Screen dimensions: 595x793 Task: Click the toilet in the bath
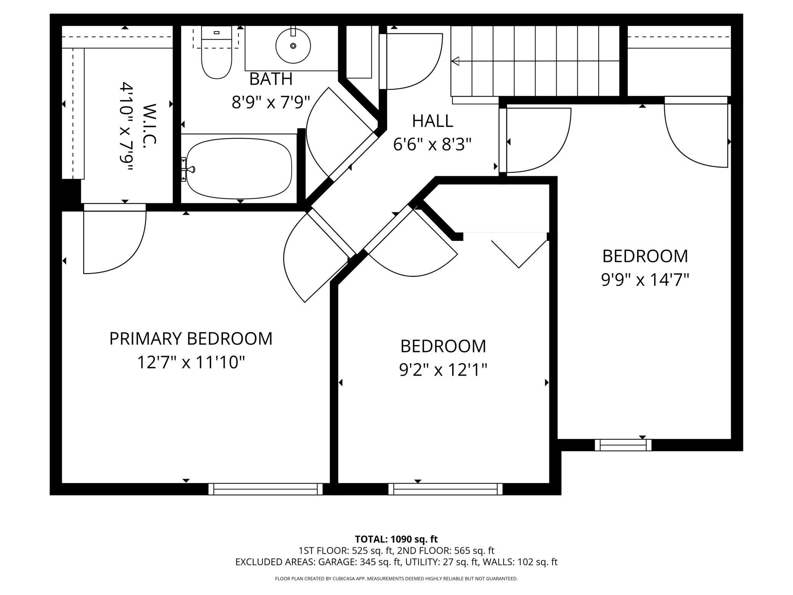[x=216, y=57]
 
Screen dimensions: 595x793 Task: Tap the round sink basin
[x=293, y=46]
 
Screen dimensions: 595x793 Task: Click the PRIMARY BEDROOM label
[x=191, y=338]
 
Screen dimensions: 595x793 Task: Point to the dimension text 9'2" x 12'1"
[x=443, y=370]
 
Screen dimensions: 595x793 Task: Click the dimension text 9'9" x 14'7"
[x=645, y=280]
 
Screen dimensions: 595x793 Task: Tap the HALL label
[x=432, y=121]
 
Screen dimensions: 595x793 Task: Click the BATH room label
[x=271, y=79]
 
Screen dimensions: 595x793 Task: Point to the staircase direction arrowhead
[x=455, y=61]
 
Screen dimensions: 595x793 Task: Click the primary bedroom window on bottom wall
[x=265, y=489]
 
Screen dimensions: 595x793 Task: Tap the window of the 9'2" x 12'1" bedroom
[x=445, y=489]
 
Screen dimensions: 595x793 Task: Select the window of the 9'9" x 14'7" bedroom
[x=623, y=445]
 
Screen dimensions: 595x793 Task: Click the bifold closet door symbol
[x=518, y=253]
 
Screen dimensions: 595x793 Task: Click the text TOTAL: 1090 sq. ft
[x=396, y=539]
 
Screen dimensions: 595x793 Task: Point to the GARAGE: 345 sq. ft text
[x=360, y=562]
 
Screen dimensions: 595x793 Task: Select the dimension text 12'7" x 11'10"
[x=191, y=362]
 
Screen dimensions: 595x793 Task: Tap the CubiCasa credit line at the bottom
[x=396, y=579]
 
